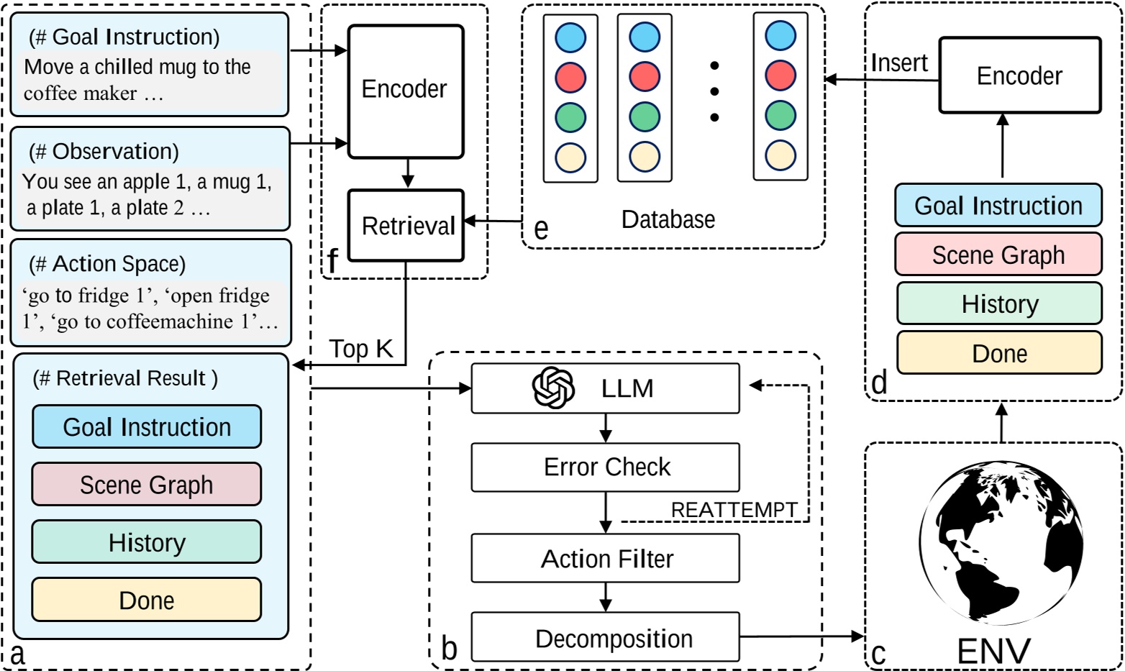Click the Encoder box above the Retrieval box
pyautogui.click(x=405, y=91)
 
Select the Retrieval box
pyautogui.click(x=406, y=226)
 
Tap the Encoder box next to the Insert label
pyautogui.click(x=1019, y=76)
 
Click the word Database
pyautogui.click(x=668, y=219)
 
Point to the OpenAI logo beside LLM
pyautogui.click(x=552, y=388)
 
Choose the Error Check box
pyautogui.click(x=605, y=467)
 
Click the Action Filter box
pyautogui.click(x=605, y=558)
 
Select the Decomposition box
pyautogui.click(x=605, y=638)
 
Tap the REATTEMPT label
pyautogui.click(x=734, y=510)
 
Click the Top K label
pyautogui.click(x=361, y=349)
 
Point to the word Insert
pyautogui.click(x=898, y=63)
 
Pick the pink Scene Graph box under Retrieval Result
pyautogui.click(x=146, y=485)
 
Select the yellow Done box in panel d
pyautogui.click(x=999, y=353)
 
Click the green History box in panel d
pyautogui.click(x=999, y=303)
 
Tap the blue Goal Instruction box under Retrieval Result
pyautogui.click(x=146, y=426)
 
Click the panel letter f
pyautogui.click(x=332, y=261)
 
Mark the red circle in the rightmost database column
pyautogui.click(x=780, y=76)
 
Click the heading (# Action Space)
pyautogui.click(x=107, y=264)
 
